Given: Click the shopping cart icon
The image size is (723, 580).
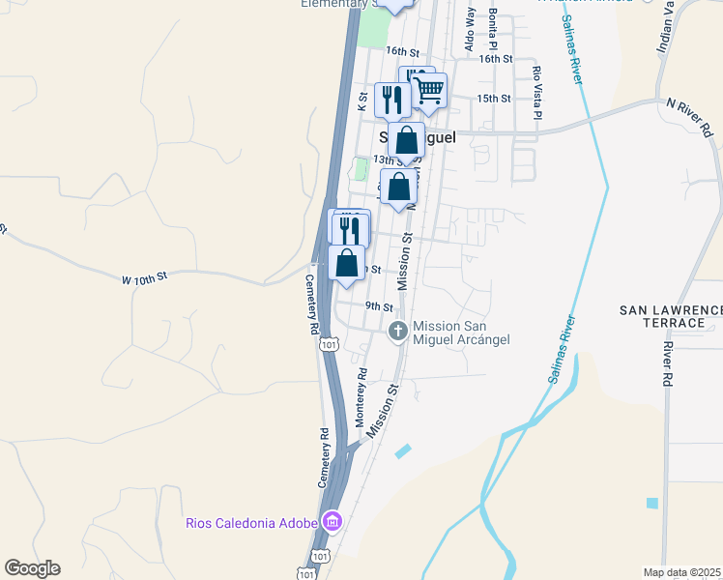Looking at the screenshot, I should point(429,92).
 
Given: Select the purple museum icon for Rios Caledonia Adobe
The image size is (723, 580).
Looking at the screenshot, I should point(332,523).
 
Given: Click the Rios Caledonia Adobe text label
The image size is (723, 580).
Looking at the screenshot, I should point(252,523).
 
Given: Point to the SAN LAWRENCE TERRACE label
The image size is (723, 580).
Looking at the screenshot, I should point(671,316).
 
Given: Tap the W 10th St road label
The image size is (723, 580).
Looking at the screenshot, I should point(145,278).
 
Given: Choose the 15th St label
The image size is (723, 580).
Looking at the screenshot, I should point(493,98).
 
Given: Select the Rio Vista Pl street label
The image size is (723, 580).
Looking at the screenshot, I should point(536,86).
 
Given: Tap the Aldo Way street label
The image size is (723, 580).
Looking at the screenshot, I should point(470,29).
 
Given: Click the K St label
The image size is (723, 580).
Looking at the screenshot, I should point(363,101).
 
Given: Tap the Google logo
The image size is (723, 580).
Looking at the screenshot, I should point(32,568).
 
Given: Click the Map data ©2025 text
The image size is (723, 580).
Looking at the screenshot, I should point(682,572).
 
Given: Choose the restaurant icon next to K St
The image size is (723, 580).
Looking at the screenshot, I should point(391,99).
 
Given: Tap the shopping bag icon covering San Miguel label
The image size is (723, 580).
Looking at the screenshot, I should point(408,140).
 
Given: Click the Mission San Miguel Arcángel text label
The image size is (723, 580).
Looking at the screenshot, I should point(460,333).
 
